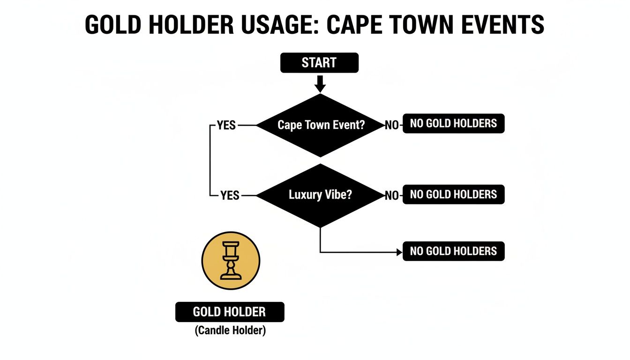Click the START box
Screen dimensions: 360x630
319,63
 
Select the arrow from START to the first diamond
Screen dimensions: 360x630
320,84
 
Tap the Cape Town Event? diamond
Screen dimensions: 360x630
320,125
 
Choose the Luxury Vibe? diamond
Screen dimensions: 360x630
320,195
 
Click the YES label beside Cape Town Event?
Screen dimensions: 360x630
226,126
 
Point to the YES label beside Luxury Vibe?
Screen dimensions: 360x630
230,195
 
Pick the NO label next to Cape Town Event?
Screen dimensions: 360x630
391,126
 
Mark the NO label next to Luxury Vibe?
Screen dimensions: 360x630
391,195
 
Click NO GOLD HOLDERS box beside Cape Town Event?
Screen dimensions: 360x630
453,124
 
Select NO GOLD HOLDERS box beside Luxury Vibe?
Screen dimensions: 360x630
453,195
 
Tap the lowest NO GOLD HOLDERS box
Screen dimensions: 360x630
453,251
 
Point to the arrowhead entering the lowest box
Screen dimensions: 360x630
399,252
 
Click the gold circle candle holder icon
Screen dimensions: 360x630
231,260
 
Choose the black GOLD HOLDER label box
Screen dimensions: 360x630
230,312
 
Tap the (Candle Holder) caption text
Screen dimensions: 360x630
230,330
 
